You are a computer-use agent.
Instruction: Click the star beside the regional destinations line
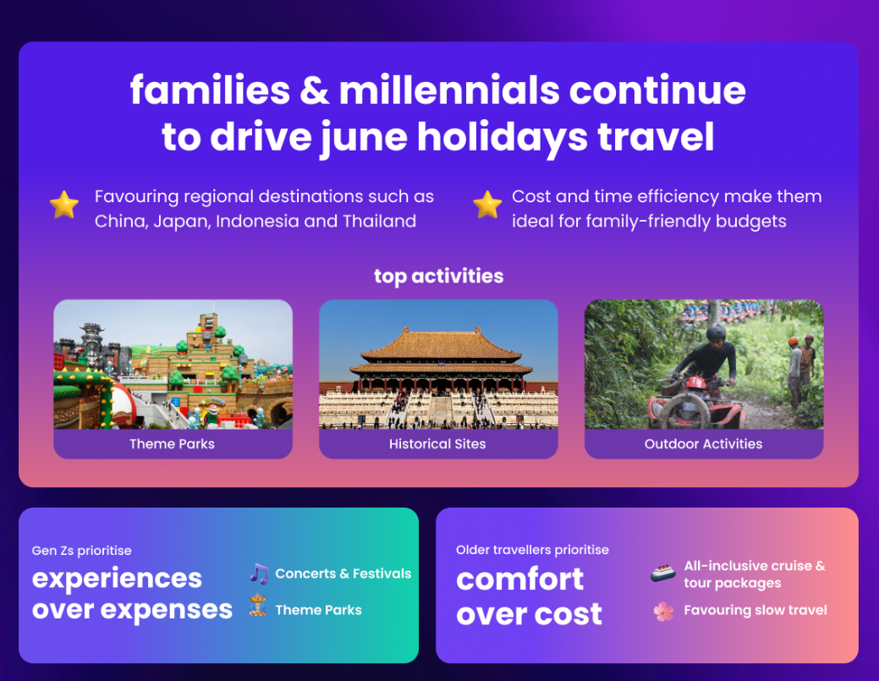point(64,205)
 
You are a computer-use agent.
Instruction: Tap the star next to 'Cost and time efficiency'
point(487,205)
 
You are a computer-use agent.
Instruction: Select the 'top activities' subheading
point(439,277)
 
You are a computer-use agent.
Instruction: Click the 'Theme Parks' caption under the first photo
point(172,444)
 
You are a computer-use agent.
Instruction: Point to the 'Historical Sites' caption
point(438,444)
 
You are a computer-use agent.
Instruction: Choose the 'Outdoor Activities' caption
point(704,444)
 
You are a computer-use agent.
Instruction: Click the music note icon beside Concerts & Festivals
point(259,574)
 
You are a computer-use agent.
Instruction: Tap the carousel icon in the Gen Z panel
point(257,606)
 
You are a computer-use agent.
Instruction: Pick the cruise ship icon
point(663,574)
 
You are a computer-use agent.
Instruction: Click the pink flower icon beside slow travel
point(664,612)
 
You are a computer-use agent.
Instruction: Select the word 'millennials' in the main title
point(449,91)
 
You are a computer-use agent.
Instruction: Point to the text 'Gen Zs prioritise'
point(82,551)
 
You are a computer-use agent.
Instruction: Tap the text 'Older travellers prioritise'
point(532,550)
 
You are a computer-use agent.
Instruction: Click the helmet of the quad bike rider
point(716,332)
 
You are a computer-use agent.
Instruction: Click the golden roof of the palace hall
point(441,343)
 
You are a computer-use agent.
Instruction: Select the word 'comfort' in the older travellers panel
point(519,579)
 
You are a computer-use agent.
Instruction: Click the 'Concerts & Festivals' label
point(343,574)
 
